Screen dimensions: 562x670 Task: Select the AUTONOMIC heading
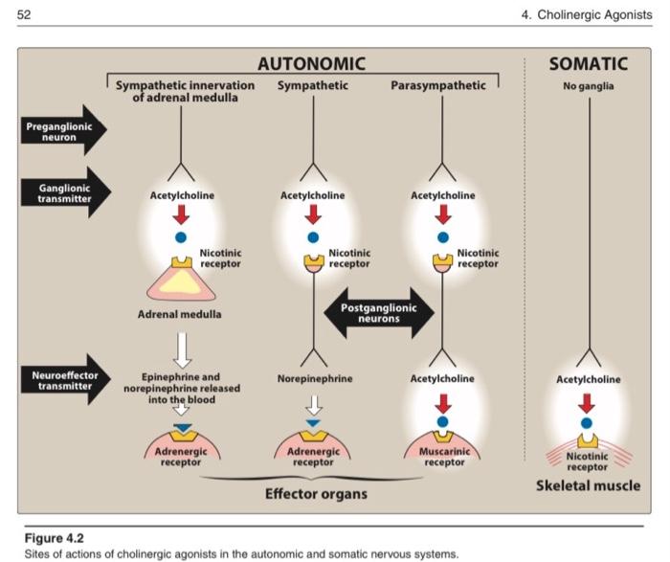click(x=311, y=64)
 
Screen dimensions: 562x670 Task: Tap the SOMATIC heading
click(x=589, y=64)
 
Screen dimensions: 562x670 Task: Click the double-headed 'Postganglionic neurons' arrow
click(x=379, y=313)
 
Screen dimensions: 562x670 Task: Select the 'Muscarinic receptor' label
click(x=442, y=457)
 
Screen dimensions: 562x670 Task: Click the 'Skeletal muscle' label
click(x=589, y=485)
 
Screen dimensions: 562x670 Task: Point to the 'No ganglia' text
click(x=589, y=86)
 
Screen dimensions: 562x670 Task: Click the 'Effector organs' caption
click(x=316, y=494)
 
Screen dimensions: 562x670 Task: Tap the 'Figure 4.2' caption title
click(x=55, y=538)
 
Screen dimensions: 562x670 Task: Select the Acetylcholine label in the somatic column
click(x=588, y=379)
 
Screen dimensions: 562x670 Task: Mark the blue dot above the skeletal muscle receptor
click(x=588, y=422)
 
